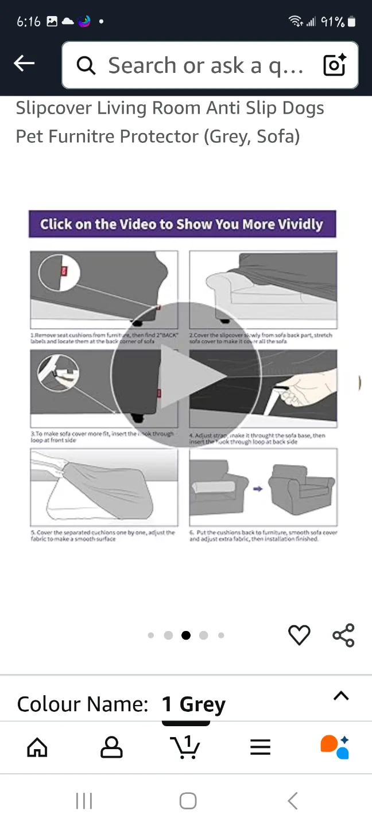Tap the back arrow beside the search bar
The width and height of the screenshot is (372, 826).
pos(24,64)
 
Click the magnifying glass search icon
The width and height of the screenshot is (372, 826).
pos(86,66)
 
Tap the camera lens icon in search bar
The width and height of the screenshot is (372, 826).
pos(334,65)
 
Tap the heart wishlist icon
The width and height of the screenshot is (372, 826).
pos(299,635)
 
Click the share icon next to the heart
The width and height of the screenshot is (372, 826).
pos(343,635)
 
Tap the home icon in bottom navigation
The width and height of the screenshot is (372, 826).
pos(37,747)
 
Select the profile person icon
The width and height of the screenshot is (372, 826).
pos(111,747)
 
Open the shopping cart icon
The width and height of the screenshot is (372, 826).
pos(185,747)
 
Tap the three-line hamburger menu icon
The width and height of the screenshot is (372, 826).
pos(260,747)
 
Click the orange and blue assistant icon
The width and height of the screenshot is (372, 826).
pos(335,747)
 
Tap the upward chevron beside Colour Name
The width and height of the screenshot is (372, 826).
pos(341,696)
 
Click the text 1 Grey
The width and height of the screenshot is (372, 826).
pos(193,704)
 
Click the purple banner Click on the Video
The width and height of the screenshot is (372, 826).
pos(182,224)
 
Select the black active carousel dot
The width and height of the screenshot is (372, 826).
pos(186,635)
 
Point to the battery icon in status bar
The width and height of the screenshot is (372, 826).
pos(352,22)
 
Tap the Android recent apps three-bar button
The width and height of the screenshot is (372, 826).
pos(84,801)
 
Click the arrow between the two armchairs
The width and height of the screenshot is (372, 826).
pos(258,489)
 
